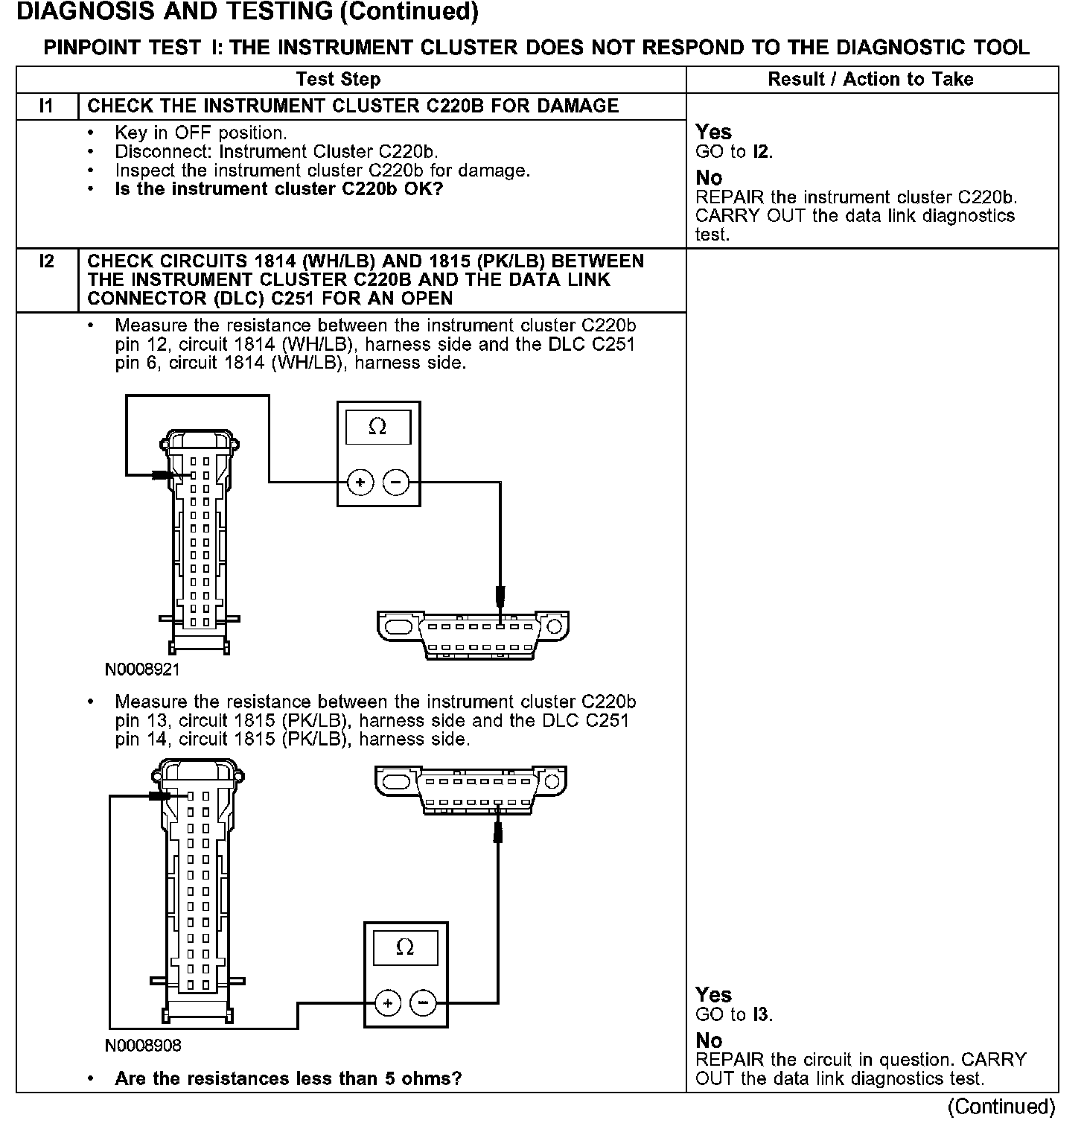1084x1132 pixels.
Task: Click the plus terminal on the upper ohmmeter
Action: pyautogui.click(x=360, y=483)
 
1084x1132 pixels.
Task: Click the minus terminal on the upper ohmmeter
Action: pyautogui.click(x=396, y=483)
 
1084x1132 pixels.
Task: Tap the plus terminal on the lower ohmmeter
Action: pyautogui.click(x=388, y=1003)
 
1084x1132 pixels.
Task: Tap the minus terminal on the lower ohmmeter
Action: pyautogui.click(x=423, y=1003)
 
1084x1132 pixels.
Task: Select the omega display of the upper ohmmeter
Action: pyautogui.click(x=378, y=427)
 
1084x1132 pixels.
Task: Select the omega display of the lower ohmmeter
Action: pyautogui.click(x=405, y=947)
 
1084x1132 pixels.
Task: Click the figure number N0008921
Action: pyautogui.click(x=143, y=670)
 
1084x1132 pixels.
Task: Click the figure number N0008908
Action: pyautogui.click(x=143, y=1046)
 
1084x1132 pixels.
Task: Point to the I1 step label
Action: pyautogui.click(x=47, y=106)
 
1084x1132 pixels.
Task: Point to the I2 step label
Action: pyautogui.click(x=47, y=261)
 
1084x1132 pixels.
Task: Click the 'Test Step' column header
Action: pyautogui.click(x=338, y=79)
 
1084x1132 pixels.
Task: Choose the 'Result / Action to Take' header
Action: pyautogui.click(x=870, y=79)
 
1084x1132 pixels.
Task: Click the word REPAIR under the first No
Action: pyautogui.click(x=722, y=197)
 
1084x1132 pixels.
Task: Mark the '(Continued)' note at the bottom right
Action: pyautogui.click(x=1001, y=1107)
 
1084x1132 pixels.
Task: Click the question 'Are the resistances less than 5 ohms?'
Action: pyautogui.click(x=288, y=1078)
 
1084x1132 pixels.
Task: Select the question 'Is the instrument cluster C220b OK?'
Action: pyautogui.click(x=278, y=189)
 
